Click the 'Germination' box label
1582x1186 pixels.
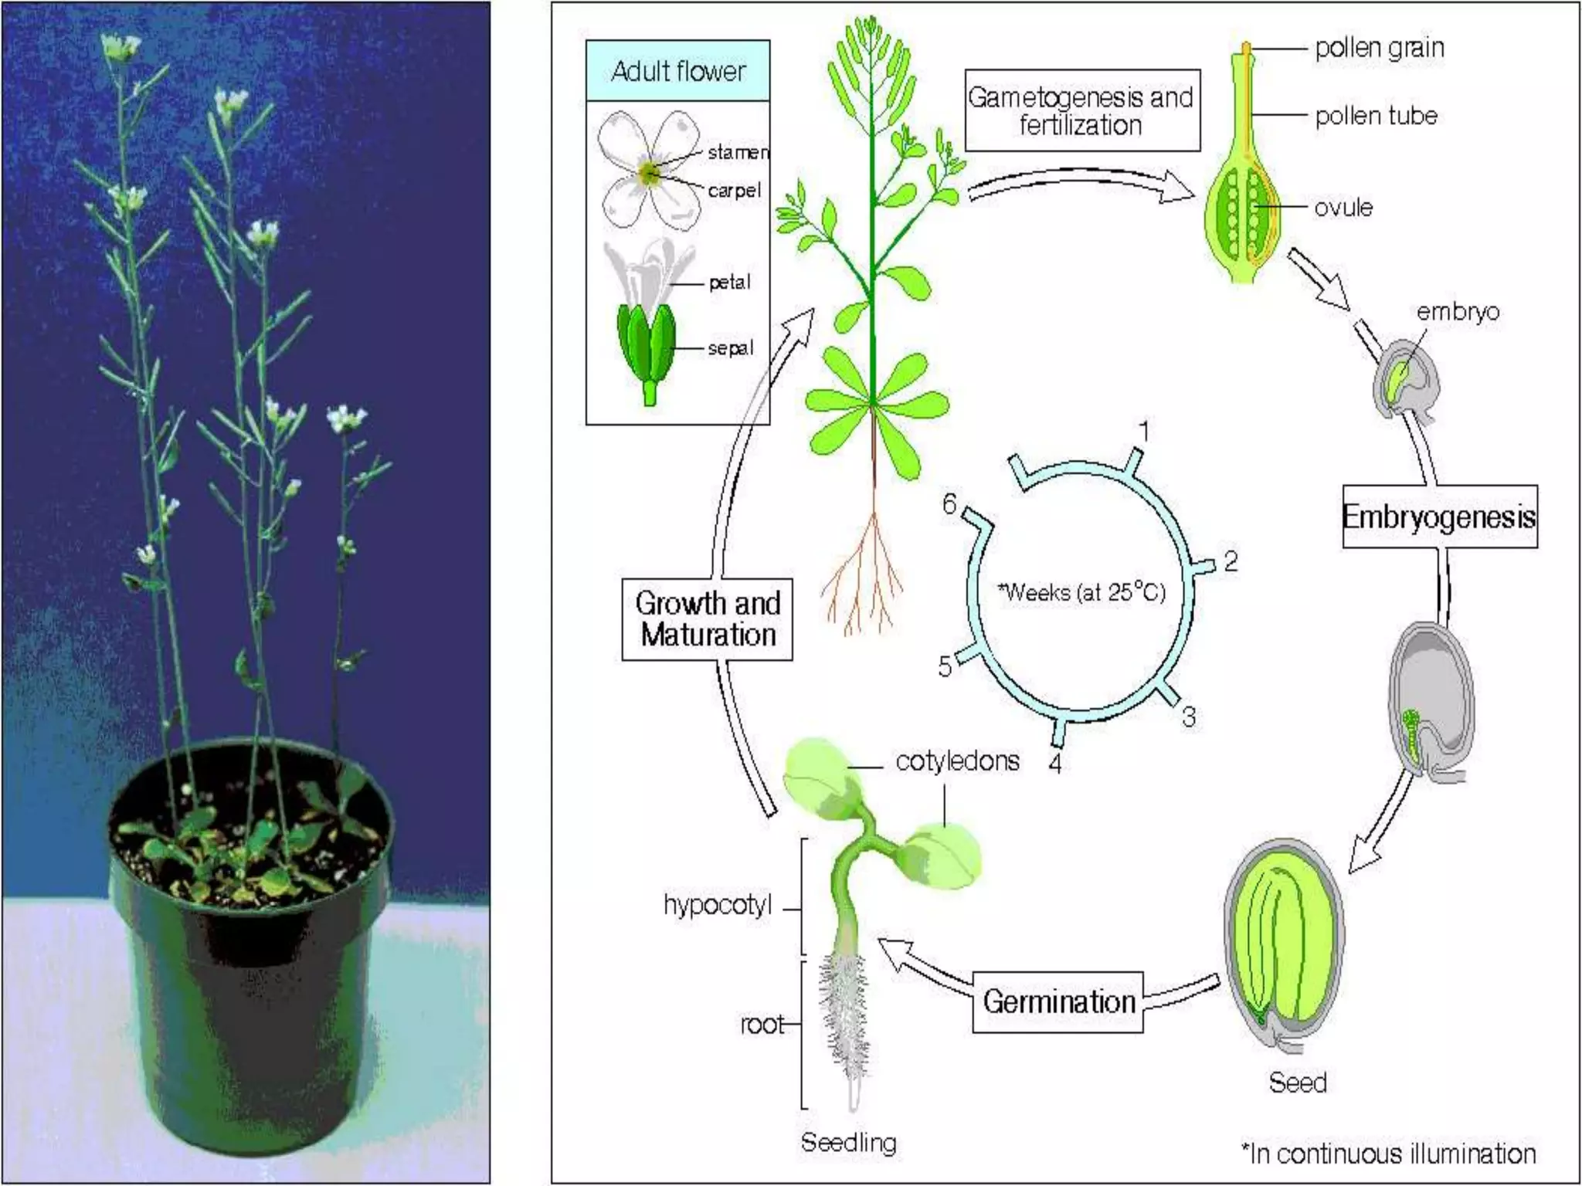1058,1002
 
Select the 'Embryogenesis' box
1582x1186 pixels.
1439,517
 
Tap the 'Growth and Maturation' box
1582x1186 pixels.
708,619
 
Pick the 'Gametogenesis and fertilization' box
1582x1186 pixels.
1081,111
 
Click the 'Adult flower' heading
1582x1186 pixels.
678,71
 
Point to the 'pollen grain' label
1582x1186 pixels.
1379,48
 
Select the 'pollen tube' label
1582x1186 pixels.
1376,116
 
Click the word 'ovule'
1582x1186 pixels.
1343,207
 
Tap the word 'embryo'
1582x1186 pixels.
1458,312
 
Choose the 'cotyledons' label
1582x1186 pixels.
957,761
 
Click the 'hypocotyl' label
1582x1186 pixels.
718,905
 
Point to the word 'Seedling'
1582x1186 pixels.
848,1142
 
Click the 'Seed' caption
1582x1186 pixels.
1297,1083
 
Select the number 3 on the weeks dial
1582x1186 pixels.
1189,717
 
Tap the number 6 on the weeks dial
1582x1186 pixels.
949,504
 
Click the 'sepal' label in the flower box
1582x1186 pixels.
730,348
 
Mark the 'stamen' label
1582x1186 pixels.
738,153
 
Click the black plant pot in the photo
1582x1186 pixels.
255,965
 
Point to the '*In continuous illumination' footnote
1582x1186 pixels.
1388,1154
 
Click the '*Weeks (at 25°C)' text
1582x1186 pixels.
1081,593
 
